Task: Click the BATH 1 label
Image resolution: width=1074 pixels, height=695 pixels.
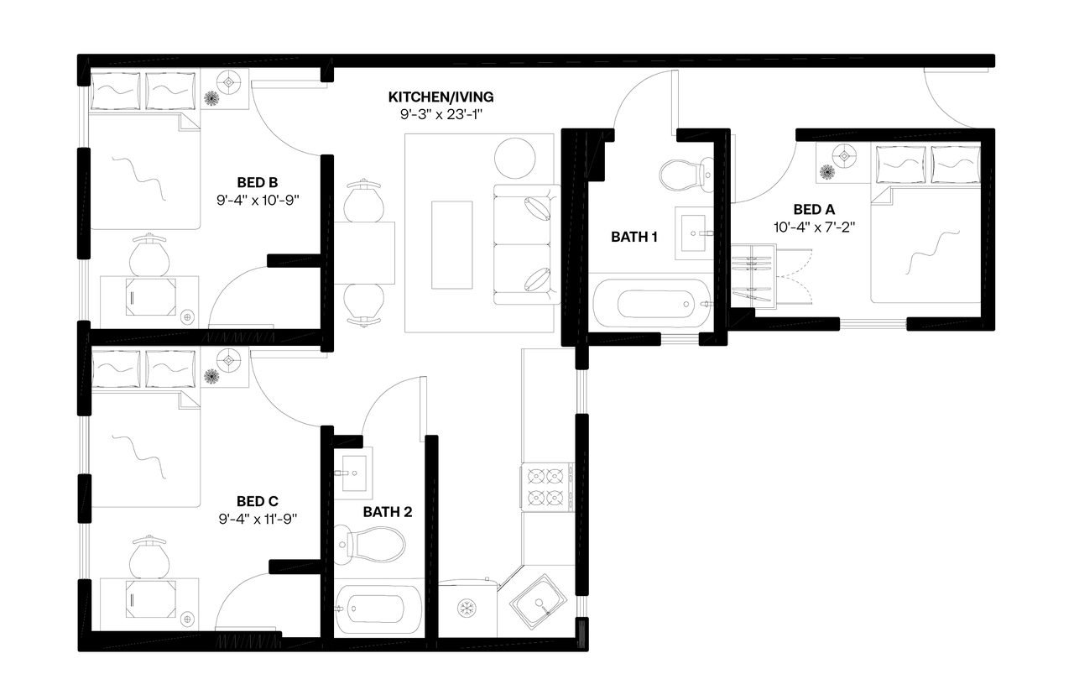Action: [x=633, y=237]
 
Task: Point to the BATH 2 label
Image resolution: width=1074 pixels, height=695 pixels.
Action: [x=387, y=511]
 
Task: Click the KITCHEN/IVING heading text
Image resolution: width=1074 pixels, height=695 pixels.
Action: [x=435, y=97]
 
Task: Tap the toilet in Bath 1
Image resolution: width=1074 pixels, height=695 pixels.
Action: [x=684, y=174]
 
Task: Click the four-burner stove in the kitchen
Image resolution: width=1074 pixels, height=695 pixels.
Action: [x=546, y=487]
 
